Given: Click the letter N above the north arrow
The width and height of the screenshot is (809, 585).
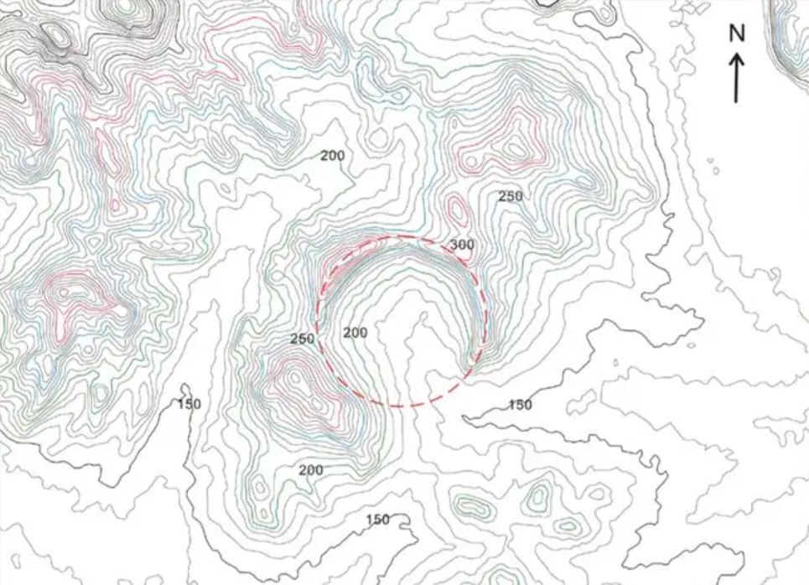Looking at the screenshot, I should click(x=737, y=33).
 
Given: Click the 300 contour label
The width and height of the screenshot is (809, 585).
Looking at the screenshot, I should click(x=461, y=245).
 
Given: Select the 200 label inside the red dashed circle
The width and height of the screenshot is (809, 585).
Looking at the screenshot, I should click(x=355, y=333).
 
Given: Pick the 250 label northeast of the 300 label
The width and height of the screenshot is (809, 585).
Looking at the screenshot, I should click(x=511, y=196).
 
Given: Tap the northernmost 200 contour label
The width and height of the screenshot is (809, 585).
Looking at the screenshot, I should click(x=332, y=155).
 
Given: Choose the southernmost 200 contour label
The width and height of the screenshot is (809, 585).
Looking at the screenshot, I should click(x=310, y=469).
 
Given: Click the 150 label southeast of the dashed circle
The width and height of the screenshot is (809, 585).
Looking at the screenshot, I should click(x=520, y=405).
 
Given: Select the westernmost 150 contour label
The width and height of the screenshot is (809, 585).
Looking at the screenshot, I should click(x=189, y=404).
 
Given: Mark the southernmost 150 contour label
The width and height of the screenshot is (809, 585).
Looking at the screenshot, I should click(x=378, y=520).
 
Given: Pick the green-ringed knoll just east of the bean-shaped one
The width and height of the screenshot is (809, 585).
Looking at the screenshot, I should click(x=536, y=498).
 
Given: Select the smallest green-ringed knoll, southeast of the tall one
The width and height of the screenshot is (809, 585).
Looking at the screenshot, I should click(x=569, y=526).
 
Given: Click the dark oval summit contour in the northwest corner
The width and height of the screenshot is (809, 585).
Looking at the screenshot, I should click(x=56, y=34).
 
